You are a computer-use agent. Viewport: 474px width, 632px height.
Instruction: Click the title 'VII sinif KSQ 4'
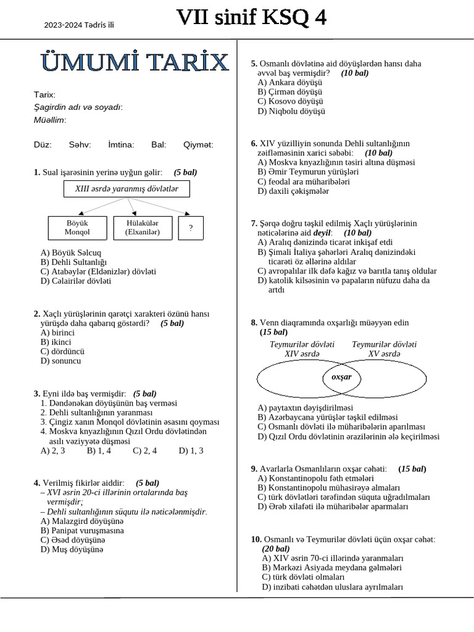click(251, 19)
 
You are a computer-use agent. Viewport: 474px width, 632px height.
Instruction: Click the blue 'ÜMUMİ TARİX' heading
click(135, 62)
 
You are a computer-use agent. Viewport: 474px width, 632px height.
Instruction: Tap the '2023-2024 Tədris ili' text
click(79, 25)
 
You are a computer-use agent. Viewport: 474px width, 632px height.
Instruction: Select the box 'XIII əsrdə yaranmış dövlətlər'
click(127, 189)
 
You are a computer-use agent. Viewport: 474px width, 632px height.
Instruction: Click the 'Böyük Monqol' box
click(77, 228)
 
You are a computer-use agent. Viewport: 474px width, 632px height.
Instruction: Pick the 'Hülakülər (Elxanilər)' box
click(142, 228)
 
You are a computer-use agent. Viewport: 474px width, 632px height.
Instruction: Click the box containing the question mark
click(191, 228)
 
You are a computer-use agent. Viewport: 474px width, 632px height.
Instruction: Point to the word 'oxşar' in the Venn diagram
click(341, 377)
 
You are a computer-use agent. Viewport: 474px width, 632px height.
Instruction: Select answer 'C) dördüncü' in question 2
click(62, 351)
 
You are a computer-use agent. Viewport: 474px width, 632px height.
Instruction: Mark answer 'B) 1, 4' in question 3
click(99, 451)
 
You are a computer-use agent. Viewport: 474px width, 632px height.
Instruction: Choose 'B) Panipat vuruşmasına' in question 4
click(82, 530)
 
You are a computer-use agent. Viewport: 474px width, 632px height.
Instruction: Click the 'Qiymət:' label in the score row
click(198, 144)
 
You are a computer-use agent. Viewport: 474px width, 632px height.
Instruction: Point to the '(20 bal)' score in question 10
click(275, 548)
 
